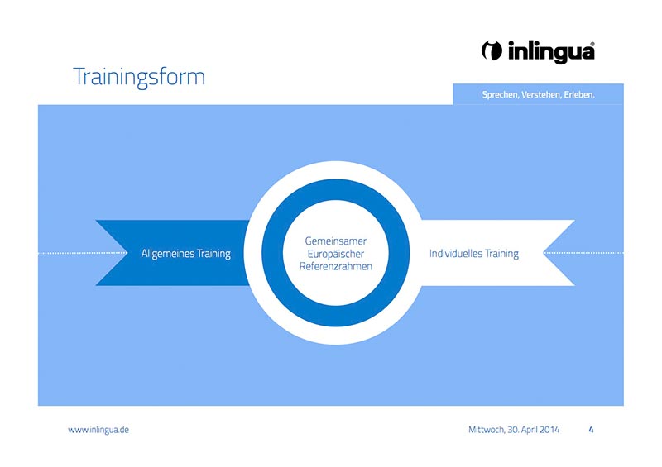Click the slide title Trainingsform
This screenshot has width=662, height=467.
139,77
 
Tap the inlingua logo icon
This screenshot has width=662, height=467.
492,50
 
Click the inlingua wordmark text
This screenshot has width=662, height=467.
551,52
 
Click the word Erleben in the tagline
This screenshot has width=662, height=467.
579,95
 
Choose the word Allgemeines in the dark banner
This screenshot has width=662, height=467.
168,254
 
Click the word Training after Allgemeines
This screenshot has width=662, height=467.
213,254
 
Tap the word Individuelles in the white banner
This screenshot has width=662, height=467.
456,254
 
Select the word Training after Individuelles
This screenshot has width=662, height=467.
501,254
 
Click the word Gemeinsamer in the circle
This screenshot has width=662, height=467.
336,241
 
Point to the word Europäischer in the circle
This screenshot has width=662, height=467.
336,254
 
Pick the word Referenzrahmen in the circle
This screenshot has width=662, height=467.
336,266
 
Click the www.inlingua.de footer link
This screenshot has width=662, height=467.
98,430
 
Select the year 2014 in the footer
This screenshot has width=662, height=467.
549,430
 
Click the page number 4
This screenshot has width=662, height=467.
591,430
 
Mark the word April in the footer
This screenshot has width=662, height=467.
529,430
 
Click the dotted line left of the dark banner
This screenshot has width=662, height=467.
83,253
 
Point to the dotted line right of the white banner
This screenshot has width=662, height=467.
583,253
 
